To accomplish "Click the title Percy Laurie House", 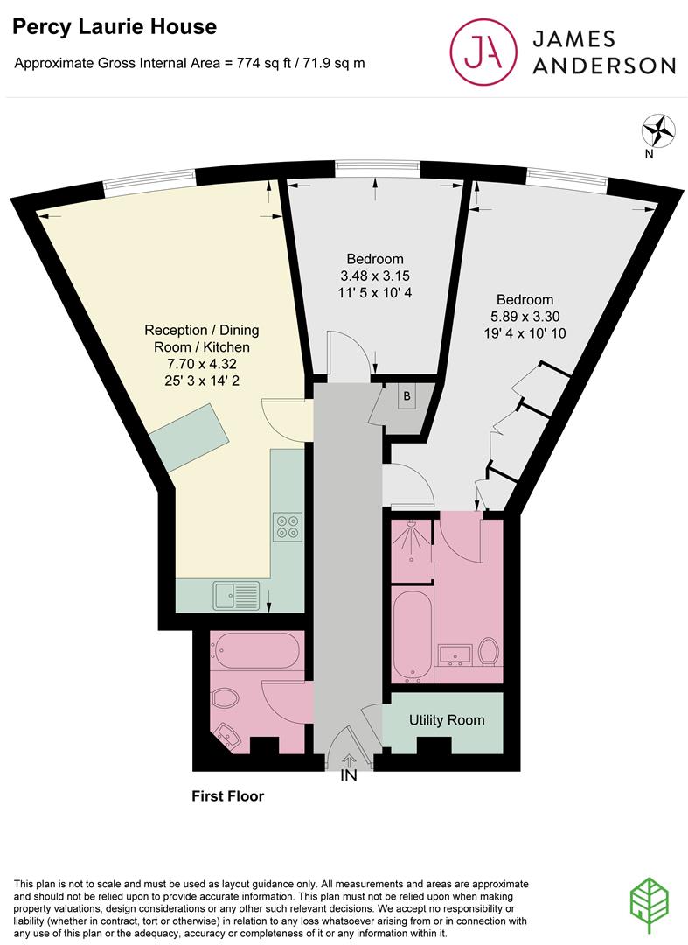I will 114,27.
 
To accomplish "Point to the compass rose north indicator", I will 658,131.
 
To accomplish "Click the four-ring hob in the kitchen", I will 287,524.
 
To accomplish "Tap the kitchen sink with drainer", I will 234,595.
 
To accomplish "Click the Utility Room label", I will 447,720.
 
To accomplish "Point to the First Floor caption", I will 227,796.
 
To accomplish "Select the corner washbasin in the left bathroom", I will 226,736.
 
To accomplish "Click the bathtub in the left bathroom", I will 257,650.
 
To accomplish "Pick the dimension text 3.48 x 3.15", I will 375,276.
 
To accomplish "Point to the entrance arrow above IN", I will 350,760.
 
